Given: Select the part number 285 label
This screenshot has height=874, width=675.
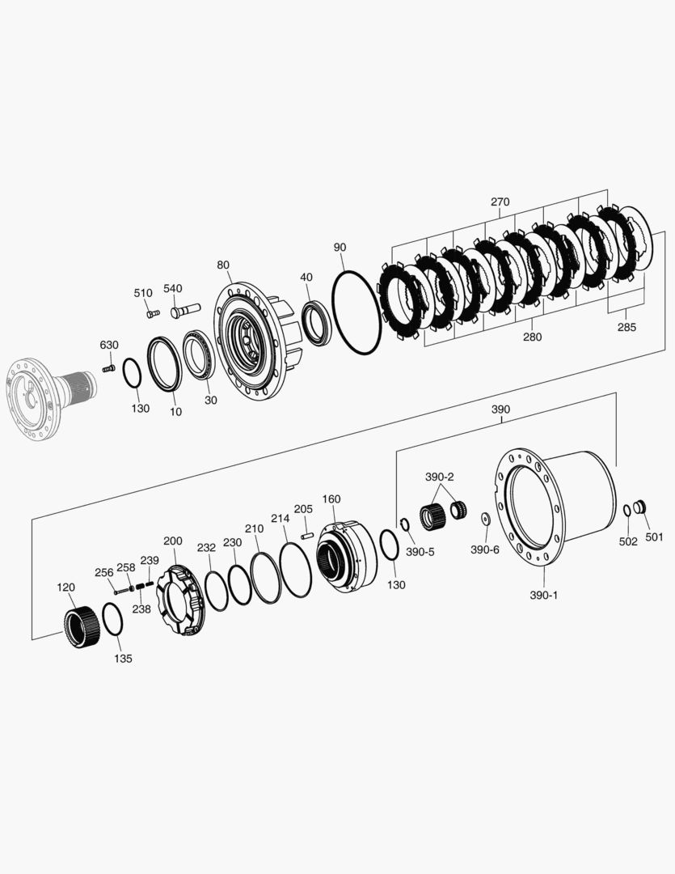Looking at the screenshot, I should [x=626, y=327].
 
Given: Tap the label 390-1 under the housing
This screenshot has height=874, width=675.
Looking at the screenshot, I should [x=543, y=595].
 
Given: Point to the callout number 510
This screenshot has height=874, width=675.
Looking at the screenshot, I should [x=143, y=293].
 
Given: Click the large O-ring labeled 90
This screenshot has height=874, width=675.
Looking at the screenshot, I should [x=355, y=312].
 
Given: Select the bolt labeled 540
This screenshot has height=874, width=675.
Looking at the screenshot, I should [x=185, y=311].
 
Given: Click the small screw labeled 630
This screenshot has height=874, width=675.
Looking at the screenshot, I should [x=109, y=368].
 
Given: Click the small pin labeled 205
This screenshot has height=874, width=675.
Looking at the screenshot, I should [x=306, y=534].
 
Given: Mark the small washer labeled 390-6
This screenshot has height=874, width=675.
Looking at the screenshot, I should [x=486, y=519].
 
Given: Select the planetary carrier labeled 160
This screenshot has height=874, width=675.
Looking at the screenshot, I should [x=345, y=554].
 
